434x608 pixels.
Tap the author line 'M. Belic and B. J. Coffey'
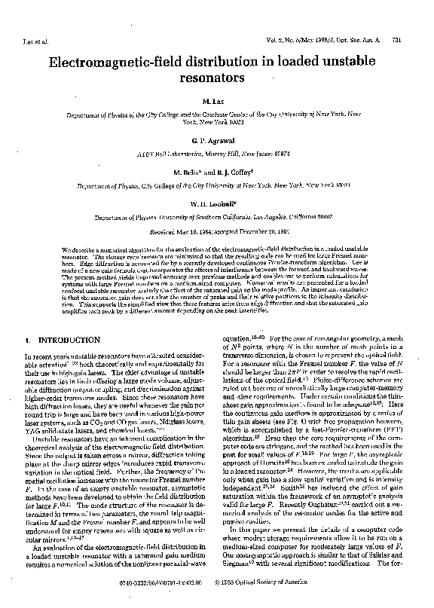[217, 171]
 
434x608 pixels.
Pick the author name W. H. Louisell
[217, 200]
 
